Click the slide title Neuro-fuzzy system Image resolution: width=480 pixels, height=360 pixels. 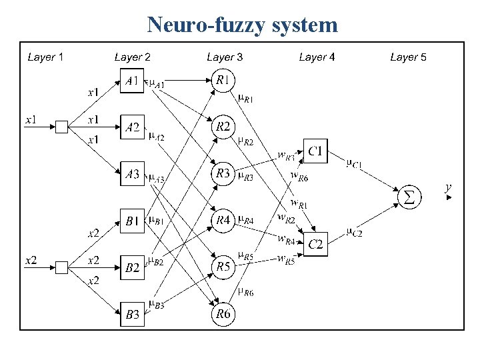click(x=243, y=25)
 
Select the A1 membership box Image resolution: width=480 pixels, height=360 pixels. click(x=133, y=81)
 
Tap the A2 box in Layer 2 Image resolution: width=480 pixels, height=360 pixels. click(x=133, y=127)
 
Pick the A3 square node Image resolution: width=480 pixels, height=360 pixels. click(x=133, y=175)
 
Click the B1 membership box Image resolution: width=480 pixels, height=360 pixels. click(x=133, y=221)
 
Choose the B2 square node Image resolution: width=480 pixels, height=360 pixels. click(x=133, y=268)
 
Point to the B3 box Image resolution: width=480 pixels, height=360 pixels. click(x=133, y=315)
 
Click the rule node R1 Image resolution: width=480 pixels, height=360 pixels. click(x=223, y=80)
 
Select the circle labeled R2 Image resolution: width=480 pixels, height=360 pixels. click(x=223, y=126)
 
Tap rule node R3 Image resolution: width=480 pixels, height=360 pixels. click(x=223, y=174)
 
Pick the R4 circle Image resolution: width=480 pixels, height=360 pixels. click(x=223, y=221)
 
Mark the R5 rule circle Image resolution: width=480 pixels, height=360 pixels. click(x=223, y=267)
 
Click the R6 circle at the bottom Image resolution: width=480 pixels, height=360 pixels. click(x=223, y=314)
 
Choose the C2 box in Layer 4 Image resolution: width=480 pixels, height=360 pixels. click(x=316, y=245)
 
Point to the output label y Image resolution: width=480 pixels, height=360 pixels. click(x=449, y=189)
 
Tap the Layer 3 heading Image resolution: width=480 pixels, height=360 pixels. click(x=225, y=57)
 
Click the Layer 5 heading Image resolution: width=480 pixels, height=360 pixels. click(x=408, y=57)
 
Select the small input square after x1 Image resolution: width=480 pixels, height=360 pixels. click(x=61, y=127)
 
